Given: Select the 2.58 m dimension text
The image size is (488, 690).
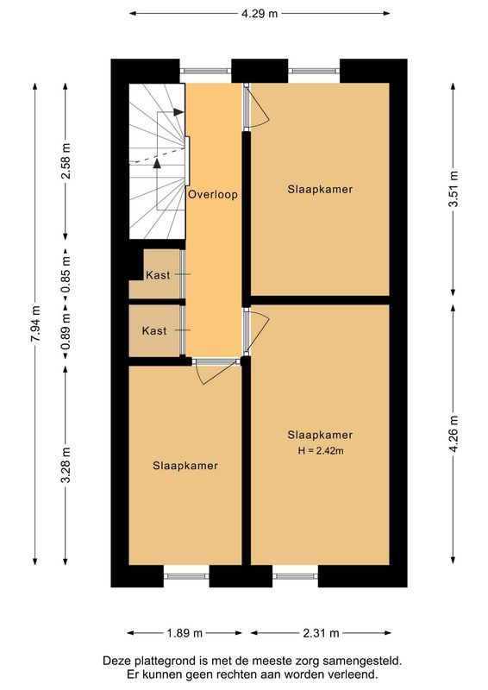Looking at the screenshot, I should pyautogui.click(x=65, y=160).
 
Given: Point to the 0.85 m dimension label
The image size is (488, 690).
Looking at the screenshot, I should pyautogui.click(x=65, y=274).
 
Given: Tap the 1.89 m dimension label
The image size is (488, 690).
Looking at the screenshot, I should pyautogui.click(x=184, y=633).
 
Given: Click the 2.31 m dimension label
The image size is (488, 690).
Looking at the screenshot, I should pyautogui.click(x=320, y=633).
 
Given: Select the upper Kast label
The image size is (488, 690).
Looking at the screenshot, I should pyautogui.click(x=157, y=275).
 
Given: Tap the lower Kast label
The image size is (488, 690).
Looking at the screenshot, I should pyautogui.click(x=154, y=331).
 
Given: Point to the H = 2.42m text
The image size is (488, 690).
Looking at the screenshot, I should pyautogui.click(x=320, y=450).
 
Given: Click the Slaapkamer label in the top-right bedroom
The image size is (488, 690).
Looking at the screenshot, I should pyautogui.click(x=320, y=189).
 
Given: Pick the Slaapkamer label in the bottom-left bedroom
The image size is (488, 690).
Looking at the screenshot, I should pyautogui.click(x=185, y=466).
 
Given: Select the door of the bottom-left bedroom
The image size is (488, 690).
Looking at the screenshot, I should pyautogui.click(x=215, y=371).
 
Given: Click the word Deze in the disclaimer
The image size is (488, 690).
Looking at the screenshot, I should pyautogui.click(x=117, y=661).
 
